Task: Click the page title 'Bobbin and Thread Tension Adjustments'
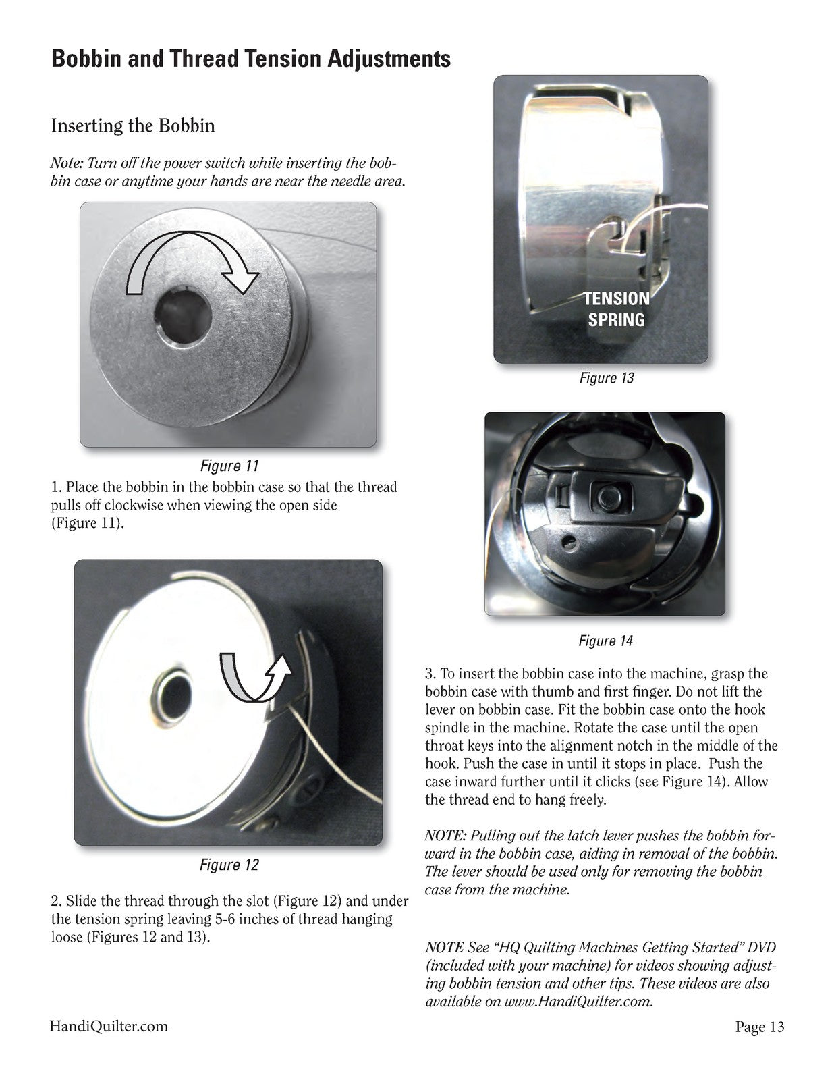coord(251,59)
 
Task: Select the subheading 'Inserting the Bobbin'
coord(133,126)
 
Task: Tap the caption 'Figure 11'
coord(229,466)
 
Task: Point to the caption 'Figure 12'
coord(229,865)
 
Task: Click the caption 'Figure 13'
coord(607,378)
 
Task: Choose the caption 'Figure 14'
coord(605,641)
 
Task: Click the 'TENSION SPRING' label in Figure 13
coord(617,309)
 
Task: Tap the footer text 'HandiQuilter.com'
coord(109,1026)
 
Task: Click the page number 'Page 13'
coord(760,1026)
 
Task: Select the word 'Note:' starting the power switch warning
coord(67,163)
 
